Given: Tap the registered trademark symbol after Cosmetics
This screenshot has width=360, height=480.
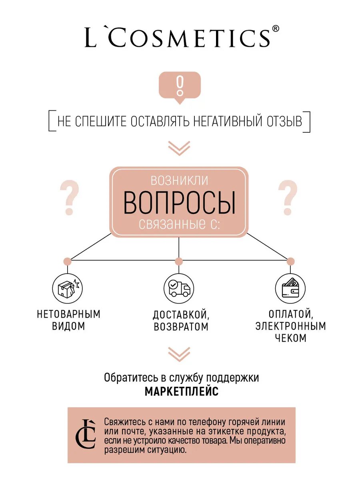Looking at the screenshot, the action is pyautogui.click(x=276, y=29).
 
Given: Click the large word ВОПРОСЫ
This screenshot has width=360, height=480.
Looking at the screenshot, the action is pyautogui.click(x=179, y=202).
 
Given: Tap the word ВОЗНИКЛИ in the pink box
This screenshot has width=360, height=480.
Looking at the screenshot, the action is pyautogui.click(x=179, y=180).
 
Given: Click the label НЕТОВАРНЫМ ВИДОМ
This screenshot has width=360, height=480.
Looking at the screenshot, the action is pyautogui.click(x=68, y=320).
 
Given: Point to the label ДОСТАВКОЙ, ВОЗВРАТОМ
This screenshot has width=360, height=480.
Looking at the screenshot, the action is pyautogui.click(x=181, y=320).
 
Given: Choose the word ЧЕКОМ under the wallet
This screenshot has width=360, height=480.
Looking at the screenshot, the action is pyautogui.click(x=291, y=338).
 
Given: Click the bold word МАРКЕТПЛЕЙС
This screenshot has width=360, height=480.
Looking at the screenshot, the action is pyautogui.click(x=182, y=391).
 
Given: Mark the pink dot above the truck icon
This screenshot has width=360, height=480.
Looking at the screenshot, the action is pyautogui.click(x=179, y=261).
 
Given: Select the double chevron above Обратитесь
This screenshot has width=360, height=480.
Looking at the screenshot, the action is pyautogui.click(x=179, y=354).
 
